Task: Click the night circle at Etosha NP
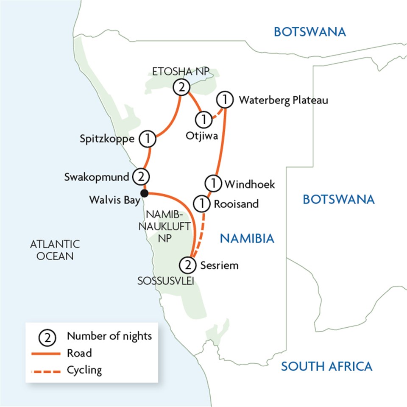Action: (181, 88)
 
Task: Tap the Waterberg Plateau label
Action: (283, 100)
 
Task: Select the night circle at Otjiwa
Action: (204, 119)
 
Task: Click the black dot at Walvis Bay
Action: (145, 193)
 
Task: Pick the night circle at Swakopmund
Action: (140, 176)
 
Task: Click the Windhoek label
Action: (250, 184)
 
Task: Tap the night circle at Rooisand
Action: (202, 204)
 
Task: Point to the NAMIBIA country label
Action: (247, 239)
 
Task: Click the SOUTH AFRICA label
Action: (326, 366)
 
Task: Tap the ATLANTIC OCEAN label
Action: (55, 250)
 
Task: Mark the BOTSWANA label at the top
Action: (309, 32)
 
